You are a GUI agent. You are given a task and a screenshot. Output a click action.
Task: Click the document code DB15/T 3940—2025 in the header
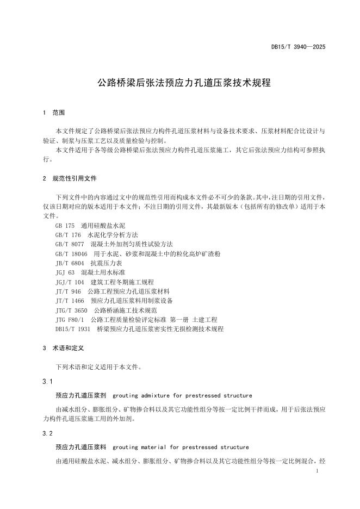299,47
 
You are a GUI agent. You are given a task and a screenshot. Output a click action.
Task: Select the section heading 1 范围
54,113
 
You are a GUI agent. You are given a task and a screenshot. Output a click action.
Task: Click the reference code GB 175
65,225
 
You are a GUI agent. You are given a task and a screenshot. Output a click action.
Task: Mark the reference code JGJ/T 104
70,282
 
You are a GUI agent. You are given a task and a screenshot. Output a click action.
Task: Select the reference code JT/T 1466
70,301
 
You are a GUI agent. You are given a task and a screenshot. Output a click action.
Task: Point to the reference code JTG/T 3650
71,310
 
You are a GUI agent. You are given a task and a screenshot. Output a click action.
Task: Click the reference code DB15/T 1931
72,329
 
